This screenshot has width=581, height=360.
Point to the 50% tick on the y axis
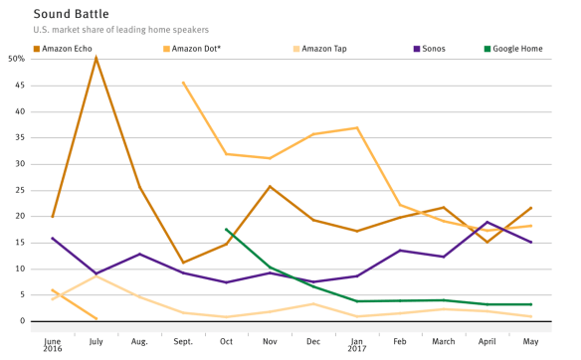(16, 59)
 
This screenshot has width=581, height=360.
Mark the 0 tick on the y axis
(21, 321)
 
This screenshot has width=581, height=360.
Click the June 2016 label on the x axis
(52, 343)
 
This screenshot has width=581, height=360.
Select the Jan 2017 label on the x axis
(357, 343)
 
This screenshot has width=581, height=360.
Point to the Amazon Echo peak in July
(96, 58)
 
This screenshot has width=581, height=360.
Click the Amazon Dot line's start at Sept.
(183, 83)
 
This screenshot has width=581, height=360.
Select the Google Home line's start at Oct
(227, 230)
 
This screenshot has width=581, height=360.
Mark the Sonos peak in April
(487, 222)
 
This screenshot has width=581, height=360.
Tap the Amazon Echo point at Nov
(270, 186)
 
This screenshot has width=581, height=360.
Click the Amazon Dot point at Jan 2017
(356, 127)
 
